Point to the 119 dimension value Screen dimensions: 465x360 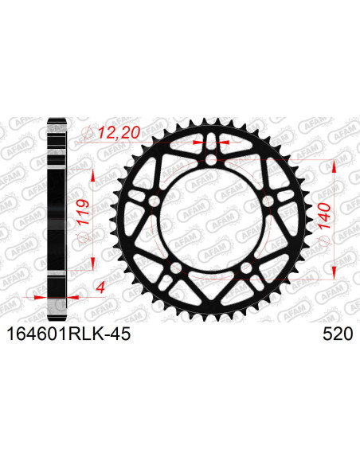click(82, 213)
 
